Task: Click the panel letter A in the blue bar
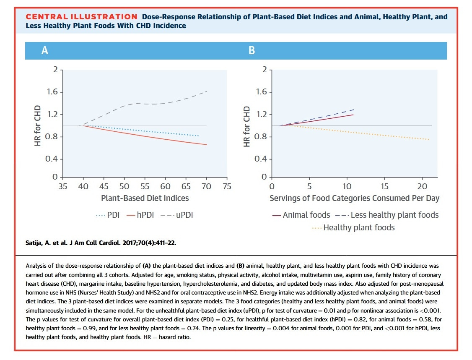click(44, 50)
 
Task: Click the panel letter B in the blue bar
click(252, 50)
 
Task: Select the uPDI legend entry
click(177, 215)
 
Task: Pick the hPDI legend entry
click(140, 215)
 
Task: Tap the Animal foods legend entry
click(301, 215)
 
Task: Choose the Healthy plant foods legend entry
click(353, 228)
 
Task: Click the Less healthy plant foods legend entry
click(387, 215)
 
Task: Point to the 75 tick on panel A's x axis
click(227, 186)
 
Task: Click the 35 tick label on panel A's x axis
click(62, 186)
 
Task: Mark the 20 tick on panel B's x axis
click(422, 186)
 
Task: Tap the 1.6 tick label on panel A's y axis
click(52, 91)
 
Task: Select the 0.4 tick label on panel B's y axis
click(261, 159)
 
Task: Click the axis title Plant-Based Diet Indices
click(145, 198)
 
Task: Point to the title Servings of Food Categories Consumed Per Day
click(354, 198)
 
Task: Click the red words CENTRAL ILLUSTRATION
click(81, 17)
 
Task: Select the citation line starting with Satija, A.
click(101, 243)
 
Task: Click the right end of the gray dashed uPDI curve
click(207, 91)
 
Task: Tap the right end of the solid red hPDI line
click(207, 145)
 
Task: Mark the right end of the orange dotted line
click(429, 139)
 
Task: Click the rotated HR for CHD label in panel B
click(246, 127)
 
